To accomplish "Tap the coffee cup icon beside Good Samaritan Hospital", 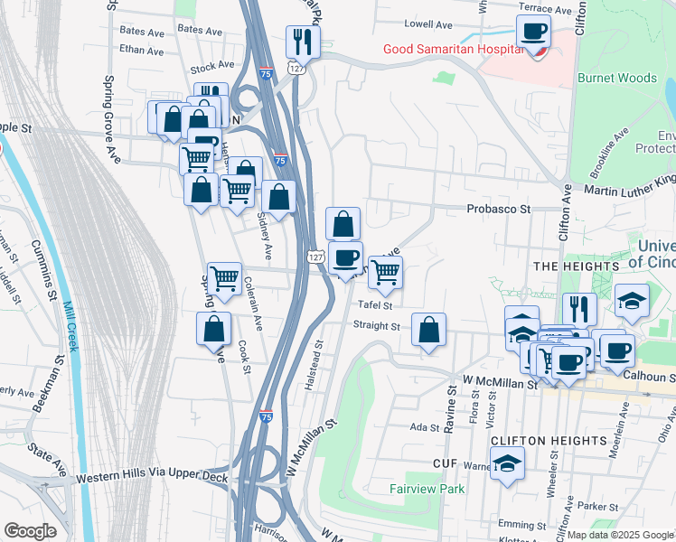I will [533, 33].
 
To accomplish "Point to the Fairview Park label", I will [426, 489].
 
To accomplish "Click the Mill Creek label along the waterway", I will [70, 329].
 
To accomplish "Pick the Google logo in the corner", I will [30, 531].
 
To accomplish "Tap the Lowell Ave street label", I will [427, 23].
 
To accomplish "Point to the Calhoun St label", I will [647, 377].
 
